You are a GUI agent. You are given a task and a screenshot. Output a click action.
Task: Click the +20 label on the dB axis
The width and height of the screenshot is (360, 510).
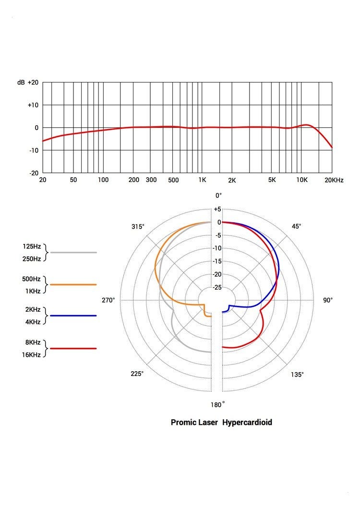(33, 83)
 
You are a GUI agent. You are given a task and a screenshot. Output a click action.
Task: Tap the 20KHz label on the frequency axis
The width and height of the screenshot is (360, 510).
(334, 180)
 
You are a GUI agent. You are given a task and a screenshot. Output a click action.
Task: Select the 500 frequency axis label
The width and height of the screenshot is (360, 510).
(173, 180)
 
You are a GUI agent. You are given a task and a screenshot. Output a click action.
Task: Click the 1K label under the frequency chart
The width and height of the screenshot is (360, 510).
(202, 180)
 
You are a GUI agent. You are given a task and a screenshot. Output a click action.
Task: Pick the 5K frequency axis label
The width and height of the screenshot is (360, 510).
(272, 180)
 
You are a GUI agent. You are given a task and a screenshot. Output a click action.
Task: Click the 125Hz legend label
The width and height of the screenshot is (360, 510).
(31, 246)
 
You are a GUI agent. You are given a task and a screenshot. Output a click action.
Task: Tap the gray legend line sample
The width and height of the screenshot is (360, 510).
(73, 252)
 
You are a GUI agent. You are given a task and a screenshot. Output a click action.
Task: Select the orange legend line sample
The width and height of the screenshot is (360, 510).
(73, 284)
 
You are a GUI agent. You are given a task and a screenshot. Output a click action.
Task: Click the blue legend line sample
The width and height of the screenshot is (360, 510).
(73, 316)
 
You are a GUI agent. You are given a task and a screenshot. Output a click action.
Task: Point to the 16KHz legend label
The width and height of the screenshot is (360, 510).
(31, 355)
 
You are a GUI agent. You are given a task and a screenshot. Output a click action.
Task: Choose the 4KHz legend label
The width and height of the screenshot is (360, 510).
(33, 322)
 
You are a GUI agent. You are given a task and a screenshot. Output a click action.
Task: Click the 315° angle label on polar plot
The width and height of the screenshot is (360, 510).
(138, 226)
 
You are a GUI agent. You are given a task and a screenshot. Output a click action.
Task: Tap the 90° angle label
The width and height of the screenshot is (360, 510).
(328, 300)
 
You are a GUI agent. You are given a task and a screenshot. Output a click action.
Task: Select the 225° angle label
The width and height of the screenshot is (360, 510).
(137, 374)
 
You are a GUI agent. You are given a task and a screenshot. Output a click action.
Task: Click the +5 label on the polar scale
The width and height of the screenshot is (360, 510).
(217, 209)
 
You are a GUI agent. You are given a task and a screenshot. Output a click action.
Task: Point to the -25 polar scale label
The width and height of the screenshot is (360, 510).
(217, 287)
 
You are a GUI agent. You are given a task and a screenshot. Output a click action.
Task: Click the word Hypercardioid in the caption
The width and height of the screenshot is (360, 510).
(247, 423)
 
